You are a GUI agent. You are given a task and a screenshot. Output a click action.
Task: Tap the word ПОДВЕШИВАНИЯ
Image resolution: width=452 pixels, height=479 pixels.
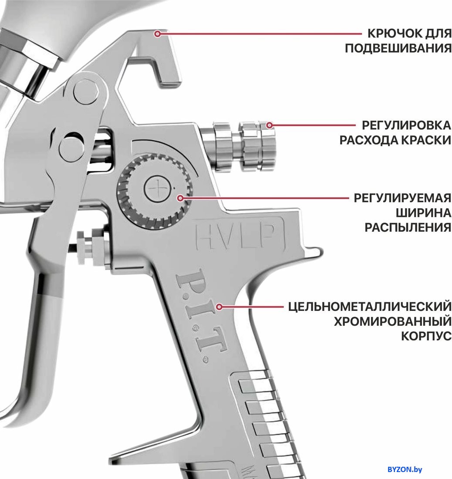coord(398,48)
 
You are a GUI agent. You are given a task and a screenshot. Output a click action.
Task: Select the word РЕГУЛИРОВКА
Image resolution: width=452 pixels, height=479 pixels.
coord(406,125)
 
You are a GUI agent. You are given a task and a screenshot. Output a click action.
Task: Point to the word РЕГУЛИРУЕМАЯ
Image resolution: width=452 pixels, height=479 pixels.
coord(402,198)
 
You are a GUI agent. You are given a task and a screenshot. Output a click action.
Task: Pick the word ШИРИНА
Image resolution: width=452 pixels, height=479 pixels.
coord(424,213)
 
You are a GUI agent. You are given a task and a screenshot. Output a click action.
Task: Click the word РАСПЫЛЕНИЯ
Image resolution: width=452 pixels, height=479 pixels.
coord(408,227)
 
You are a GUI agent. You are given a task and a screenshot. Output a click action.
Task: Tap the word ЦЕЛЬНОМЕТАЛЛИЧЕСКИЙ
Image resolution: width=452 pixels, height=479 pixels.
coord(370,307)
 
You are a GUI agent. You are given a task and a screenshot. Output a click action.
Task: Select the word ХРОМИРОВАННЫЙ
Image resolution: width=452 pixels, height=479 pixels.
coord(393,321)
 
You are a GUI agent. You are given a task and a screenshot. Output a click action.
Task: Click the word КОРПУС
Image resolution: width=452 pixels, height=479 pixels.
coord(426,336)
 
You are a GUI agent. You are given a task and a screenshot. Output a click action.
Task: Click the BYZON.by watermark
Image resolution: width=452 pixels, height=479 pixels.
coord(405,469)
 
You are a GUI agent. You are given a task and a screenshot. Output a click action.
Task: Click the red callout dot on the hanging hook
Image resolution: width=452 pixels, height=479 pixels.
coord(157,34)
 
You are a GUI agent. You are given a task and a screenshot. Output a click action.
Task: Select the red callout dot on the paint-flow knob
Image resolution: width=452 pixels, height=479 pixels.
coord(269,125)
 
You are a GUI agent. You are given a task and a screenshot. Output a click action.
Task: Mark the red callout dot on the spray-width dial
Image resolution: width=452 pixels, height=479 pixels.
coord(180,198)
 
